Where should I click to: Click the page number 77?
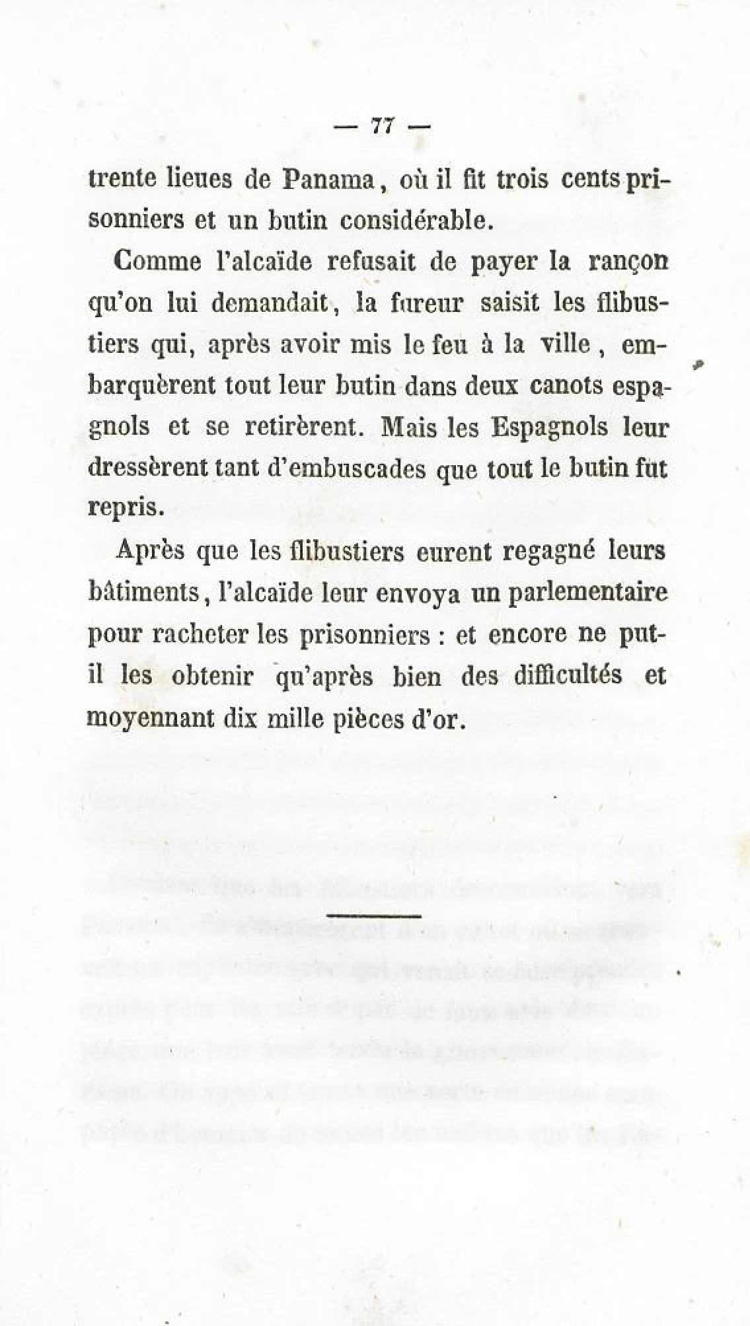click(x=383, y=125)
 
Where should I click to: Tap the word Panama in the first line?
click(x=329, y=180)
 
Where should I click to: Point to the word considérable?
click(x=416, y=220)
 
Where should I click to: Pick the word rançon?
click(x=628, y=263)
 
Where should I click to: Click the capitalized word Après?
click(x=149, y=551)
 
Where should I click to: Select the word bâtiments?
click(x=143, y=591)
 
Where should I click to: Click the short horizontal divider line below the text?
click(x=374, y=915)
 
